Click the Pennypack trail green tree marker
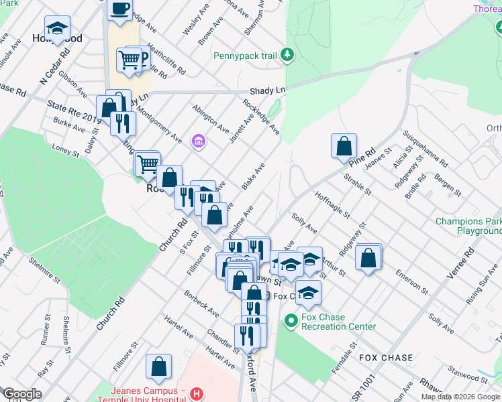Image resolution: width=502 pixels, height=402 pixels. pos(287,54)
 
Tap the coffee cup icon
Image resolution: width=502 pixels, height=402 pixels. pos(120,9)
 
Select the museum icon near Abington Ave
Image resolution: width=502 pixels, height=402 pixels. pos(198,141)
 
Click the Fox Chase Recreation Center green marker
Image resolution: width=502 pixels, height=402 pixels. pos(291,322)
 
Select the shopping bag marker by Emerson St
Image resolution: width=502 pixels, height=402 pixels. pos(368,257)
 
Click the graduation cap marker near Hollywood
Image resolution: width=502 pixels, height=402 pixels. pos(58,29)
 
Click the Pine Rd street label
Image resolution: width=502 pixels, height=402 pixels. pos(361,157)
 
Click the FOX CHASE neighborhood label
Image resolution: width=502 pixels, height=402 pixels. pos(386,358)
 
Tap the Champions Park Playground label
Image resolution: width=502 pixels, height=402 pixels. pos(468,226)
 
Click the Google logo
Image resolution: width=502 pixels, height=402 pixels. pos(21,394)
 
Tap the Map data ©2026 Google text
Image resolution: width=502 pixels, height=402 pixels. pos(460,397)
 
